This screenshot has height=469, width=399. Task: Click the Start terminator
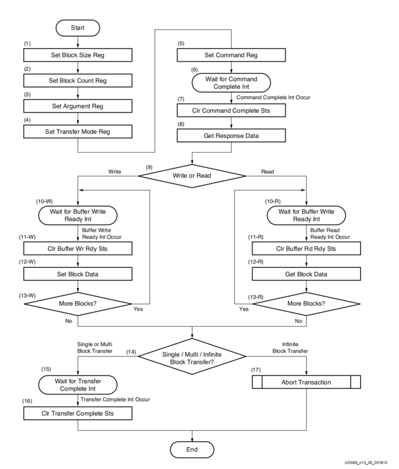[78, 28]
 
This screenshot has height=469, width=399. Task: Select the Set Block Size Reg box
[78, 55]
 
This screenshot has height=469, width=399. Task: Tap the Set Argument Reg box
[78, 106]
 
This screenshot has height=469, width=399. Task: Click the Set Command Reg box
[231, 55]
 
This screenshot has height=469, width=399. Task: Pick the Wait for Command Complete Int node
[231, 83]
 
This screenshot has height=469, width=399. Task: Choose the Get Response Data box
[231, 136]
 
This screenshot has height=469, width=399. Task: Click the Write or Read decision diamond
[192, 176]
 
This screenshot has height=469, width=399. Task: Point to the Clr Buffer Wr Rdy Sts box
[78, 249]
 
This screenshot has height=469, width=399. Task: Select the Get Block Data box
[306, 274]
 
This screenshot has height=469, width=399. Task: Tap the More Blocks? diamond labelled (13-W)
[78, 304]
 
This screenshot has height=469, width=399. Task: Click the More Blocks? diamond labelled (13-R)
[306, 304]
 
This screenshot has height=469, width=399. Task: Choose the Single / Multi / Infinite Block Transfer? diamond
[192, 356]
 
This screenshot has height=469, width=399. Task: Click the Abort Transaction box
[306, 382]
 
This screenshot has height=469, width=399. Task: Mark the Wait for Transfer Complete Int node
[78, 385]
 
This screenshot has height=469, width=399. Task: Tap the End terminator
[192, 450]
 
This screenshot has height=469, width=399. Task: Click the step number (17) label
[256, 370]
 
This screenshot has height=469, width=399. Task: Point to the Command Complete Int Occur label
[273, 98]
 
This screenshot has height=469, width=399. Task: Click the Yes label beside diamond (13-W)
[138, 309]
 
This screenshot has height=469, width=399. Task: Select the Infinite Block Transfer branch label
[290, 348]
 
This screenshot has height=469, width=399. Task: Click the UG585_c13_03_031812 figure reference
[366, 463]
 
